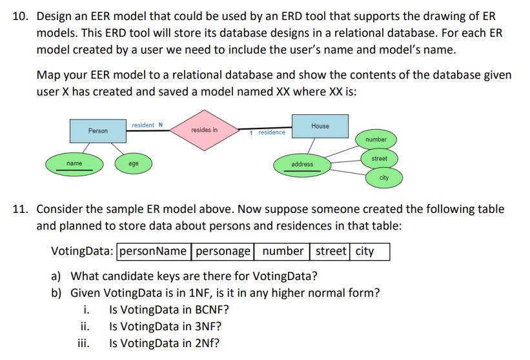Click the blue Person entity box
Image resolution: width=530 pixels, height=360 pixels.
click(x=98, y=130)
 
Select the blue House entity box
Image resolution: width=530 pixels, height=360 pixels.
click(x=320, y=126)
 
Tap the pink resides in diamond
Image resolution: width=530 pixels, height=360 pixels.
click(x=205, y=130)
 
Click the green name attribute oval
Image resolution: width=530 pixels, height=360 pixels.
click(x=74, y=164)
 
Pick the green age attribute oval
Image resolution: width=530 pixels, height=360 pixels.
click(x=133, y=164)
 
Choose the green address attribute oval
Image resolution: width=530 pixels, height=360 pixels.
click(x=302, y=165)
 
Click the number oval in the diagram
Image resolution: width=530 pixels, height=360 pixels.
click(x=376, y=139)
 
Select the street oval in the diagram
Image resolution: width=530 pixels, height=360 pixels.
click(x=379, y=158)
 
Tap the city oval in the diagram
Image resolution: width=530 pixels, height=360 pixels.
click(x=384, y=177)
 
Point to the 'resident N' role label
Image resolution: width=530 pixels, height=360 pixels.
click(x=147, y=125)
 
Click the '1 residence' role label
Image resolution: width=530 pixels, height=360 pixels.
click(x=269, y=132)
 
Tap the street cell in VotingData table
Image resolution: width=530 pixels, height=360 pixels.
click(x=331, y=251)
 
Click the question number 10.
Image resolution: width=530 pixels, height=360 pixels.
click(x=20, y=15)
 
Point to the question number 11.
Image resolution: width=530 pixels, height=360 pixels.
click(x=20, y=209)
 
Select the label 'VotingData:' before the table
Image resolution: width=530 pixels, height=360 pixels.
click(x=83, y=251)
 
